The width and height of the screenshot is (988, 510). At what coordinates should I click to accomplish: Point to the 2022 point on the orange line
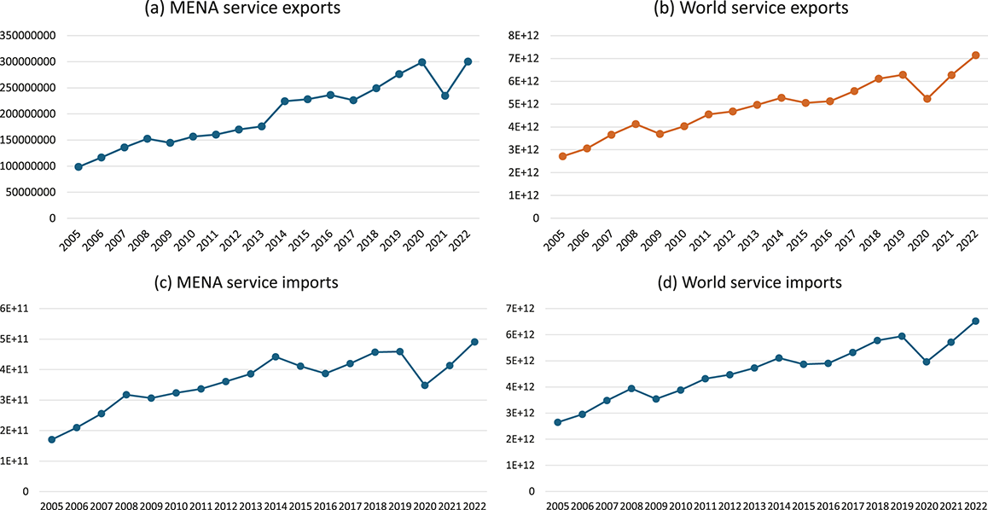click(975, 55)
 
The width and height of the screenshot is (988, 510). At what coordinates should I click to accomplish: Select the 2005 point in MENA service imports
click(52, 439)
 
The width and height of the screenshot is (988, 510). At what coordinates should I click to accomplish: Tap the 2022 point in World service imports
click(975, 322)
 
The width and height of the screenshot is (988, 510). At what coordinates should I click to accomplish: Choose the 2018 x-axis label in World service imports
click(876, 506)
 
